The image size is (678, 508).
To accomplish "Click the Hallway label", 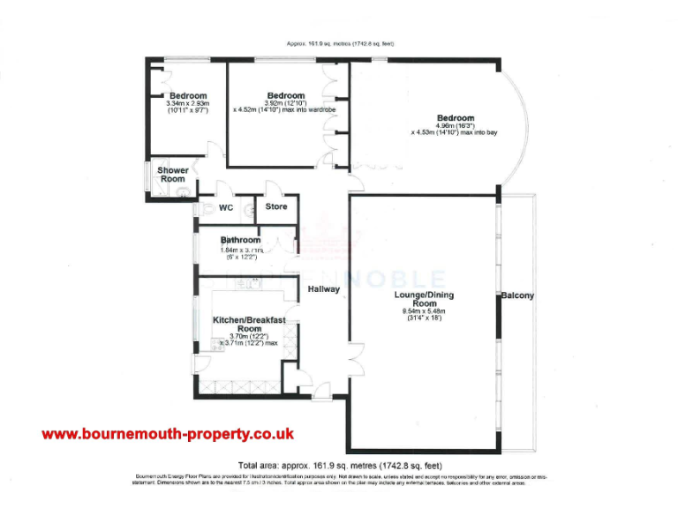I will pos(324,289).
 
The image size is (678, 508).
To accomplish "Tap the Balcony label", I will pos(517,296).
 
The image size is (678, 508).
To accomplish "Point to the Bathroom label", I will pos(240,240).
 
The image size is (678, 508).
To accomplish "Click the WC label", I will pos(225,208).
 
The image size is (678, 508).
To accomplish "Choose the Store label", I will pos(276,207).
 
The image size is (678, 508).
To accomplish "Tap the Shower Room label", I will pos(173,175).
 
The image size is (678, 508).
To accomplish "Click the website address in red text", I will pos(168,434).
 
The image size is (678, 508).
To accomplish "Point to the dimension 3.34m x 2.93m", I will pos(188,104).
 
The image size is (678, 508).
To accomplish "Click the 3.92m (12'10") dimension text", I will pos(286,103).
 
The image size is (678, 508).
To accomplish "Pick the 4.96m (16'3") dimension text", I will pos(456,126).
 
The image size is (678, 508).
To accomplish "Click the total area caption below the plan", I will pos(340,465).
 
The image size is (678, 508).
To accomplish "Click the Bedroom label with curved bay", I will pos(456,118).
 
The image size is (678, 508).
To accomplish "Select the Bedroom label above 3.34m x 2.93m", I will pos(188,96).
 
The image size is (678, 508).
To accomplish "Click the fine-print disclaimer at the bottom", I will pos(340,480).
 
